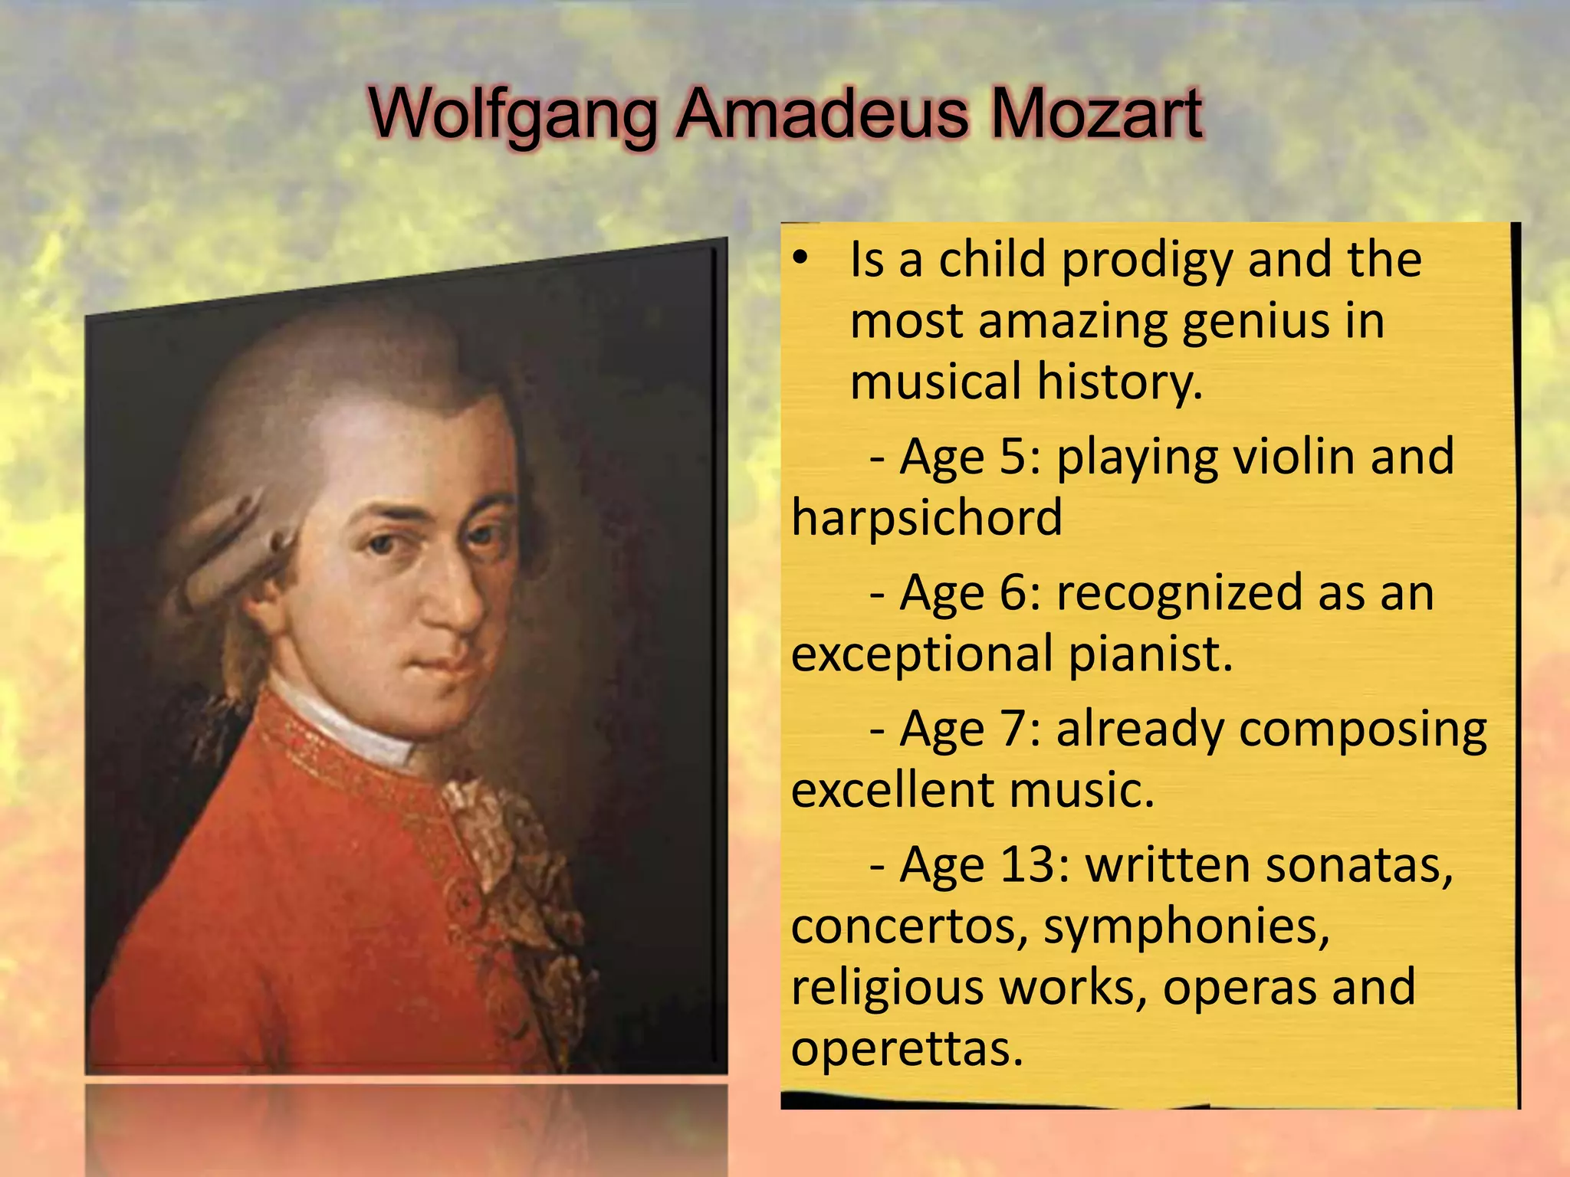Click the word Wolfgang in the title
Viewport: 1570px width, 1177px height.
pos(512,115)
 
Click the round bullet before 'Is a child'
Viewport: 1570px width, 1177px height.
pos(800,260)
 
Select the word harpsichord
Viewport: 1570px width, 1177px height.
pos(927,517)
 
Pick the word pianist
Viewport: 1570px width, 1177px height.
pos(1149,654)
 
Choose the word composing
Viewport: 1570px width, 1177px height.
pos(1363,729)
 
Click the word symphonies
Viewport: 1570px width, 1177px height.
pos(1186,926)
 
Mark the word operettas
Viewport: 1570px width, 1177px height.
pos(907,1048)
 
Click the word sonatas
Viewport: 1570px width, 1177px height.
pos(1358,865)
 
